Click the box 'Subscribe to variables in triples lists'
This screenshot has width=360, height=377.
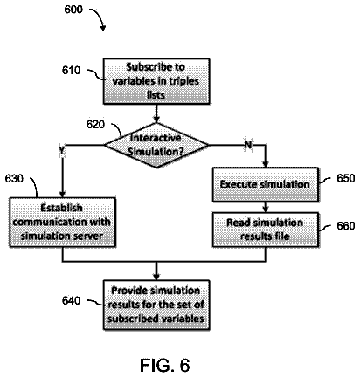pos(156,81)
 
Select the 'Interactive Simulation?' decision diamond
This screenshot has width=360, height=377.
pos(156,145)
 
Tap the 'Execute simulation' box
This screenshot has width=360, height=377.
pos(266,184)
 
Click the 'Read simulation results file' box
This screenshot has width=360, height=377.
pos(266,230)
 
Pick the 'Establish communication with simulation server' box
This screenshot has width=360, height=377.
pos(62,223)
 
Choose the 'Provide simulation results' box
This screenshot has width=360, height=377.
pos(156,305)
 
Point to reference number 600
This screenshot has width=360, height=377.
pos(73,10)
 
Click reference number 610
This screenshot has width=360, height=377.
pos(71,70)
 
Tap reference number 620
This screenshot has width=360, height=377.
pos(95,125)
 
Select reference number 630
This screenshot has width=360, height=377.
pos(14,178)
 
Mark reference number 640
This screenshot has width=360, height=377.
pos(71,300)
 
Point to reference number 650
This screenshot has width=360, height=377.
pos(346,178)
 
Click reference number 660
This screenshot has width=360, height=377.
pos(346,226)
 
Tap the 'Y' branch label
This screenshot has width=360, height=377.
pos(62,151)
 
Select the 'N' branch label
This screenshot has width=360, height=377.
pos(248,145)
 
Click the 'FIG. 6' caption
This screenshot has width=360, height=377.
pos(165,365)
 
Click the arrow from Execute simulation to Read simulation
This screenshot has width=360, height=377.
pos(266,207)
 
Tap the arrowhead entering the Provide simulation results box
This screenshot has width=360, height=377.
pos(156,277)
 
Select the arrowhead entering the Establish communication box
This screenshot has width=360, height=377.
pos(62,194)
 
